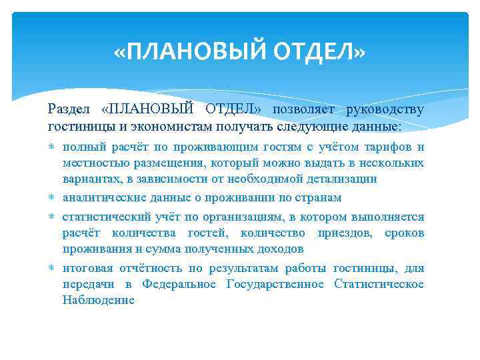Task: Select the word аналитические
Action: click(102, 197)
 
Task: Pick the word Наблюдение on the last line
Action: click(99, 300)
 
